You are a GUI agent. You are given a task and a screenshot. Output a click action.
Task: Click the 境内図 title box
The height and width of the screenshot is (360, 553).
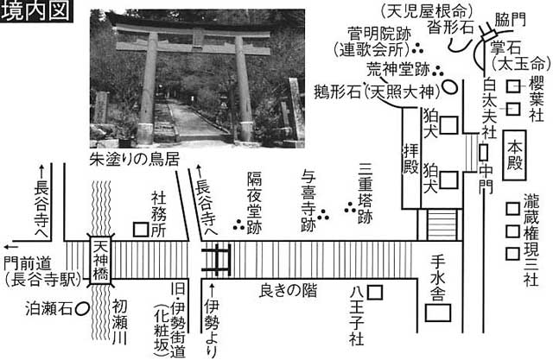36,11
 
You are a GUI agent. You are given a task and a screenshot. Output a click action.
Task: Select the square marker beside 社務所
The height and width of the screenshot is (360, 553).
141,230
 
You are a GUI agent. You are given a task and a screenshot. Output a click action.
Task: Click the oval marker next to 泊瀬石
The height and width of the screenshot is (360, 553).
82,309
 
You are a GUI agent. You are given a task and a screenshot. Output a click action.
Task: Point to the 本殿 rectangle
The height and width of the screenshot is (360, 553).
514,155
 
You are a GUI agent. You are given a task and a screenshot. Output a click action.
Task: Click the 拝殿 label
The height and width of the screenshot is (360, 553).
411,159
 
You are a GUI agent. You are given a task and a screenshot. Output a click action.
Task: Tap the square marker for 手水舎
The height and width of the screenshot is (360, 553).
438,313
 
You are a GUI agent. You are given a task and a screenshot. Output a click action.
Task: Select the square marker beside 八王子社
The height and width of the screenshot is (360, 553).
375,293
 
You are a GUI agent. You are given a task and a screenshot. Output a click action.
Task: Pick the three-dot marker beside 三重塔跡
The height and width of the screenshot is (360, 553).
350,207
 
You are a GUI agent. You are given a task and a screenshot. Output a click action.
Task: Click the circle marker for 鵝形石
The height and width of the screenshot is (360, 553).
449,86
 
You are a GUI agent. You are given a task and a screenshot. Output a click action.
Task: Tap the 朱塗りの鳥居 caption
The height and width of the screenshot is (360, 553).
135,159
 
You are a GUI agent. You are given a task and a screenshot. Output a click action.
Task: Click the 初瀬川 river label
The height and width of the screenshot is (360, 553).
120,322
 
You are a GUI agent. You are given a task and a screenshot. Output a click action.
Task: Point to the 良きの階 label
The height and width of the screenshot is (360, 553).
288,291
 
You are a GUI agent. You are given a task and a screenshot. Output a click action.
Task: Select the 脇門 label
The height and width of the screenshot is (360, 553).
510,20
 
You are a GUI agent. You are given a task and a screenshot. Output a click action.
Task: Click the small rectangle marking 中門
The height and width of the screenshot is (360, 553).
484,153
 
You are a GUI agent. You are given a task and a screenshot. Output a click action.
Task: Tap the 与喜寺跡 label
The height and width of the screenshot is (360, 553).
308,200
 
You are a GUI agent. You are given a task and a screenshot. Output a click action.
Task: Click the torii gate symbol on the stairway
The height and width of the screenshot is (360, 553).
216,261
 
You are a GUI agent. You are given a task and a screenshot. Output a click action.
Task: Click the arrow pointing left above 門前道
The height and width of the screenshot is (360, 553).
10,246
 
